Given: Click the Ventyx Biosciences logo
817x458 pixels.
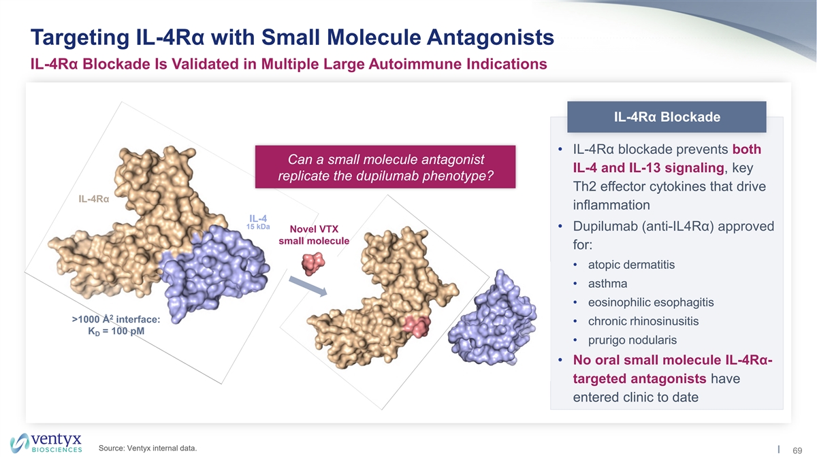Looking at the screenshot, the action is (x=46, y=443).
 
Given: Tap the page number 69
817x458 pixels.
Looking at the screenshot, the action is (x=797, y=451).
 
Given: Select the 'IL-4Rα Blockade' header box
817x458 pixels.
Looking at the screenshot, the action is (x=667, y=117).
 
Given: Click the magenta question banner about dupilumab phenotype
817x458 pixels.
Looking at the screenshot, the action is (x=385, y=167).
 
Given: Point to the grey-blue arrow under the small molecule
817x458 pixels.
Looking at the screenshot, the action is (x=308, y=287).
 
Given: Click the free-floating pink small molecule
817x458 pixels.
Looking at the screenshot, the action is (x=313, y=263).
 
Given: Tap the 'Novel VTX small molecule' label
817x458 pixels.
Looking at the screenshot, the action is (x=314, y=235).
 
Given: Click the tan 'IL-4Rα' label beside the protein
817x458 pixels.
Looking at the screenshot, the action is (x=94, y=199).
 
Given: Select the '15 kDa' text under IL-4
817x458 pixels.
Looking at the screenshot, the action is (x=258, y=227).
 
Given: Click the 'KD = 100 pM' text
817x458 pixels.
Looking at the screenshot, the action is (x=116, y=331).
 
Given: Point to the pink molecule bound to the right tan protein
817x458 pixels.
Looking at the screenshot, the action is (x=416, y=326).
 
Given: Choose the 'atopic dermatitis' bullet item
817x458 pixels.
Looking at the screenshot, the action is (x=631, y=265).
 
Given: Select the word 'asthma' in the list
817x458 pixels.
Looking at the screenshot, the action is (x=607, y=284).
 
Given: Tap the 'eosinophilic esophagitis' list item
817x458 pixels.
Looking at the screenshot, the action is (x=651, y=302).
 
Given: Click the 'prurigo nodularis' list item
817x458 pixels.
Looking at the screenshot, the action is (x=632, y=340).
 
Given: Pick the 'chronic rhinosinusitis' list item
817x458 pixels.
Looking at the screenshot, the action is (x=643, y=321).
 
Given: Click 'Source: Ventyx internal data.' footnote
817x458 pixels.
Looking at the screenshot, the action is (x=148, y=448).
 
